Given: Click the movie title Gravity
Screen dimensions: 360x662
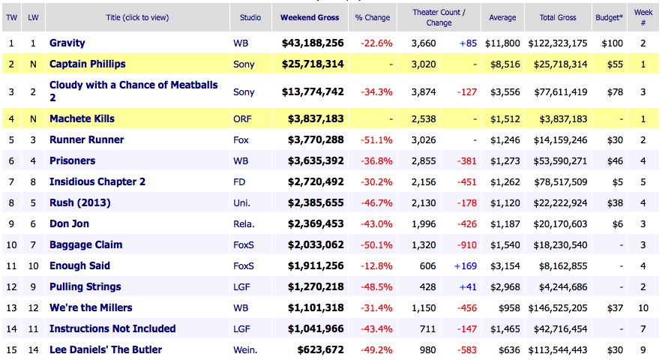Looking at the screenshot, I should (x=67, y=43).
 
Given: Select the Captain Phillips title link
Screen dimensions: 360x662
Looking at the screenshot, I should (x=87, y=64).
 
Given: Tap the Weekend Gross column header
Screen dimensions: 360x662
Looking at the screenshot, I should (x=310, y=17).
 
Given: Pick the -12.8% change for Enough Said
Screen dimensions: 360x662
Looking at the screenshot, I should (x=376, y=265).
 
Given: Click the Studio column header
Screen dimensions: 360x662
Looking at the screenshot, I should (x=250, y=17).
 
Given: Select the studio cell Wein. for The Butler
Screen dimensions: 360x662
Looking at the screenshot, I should (x=246, y=349).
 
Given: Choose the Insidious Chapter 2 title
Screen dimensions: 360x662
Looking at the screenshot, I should (x=97, y=181).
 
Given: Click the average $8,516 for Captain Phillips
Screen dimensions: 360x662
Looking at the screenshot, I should (x=502, y=64).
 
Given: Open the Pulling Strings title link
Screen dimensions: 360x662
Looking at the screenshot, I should (x=85, y=286).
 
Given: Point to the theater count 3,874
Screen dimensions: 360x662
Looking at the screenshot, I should (x=424, y=91).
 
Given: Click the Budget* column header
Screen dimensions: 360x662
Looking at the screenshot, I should (x=616, y=17).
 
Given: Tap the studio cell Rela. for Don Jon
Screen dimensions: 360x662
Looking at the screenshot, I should (x=244, y=223).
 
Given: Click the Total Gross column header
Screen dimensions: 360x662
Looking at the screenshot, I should (x=558, y=17).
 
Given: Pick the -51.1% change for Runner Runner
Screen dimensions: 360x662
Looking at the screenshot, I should (x=376, y=139).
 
